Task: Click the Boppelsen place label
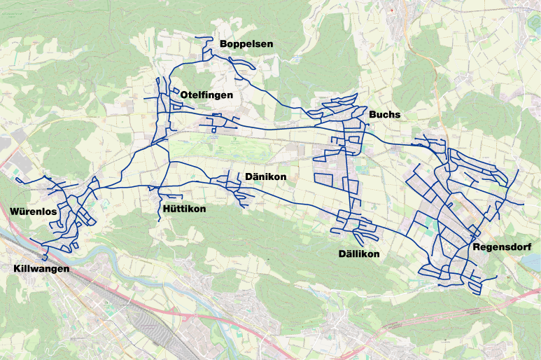(246, 44)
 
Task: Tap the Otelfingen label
(206, 95)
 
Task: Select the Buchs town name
(384, 114)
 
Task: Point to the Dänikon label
(265, 176)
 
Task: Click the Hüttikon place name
(183, 209)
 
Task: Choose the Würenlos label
(33, 212)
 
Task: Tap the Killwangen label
(41, 269)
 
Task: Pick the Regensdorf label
(502, 247)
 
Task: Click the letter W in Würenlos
(15, 212)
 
